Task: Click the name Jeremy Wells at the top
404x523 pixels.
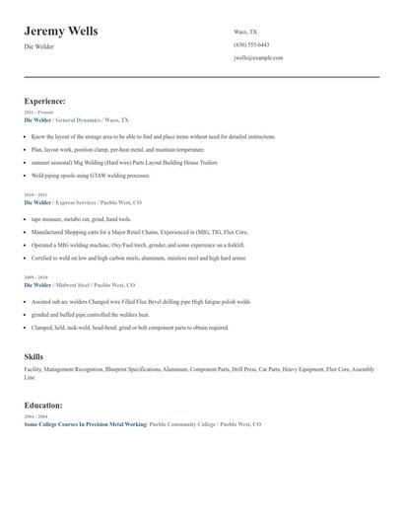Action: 60,31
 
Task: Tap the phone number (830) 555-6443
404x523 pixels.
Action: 251,44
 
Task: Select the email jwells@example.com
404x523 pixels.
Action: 258,58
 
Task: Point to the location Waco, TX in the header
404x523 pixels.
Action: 246,32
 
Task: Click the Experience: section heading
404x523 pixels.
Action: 45,101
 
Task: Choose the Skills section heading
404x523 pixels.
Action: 34,356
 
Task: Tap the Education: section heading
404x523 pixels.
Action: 43,405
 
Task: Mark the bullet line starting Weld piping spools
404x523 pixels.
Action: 91,175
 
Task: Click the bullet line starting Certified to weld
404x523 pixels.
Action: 138,258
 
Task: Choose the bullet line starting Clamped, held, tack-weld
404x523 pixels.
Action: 129,328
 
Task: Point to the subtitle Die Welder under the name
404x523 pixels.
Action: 38,47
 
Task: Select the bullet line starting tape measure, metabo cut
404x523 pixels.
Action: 81,219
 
